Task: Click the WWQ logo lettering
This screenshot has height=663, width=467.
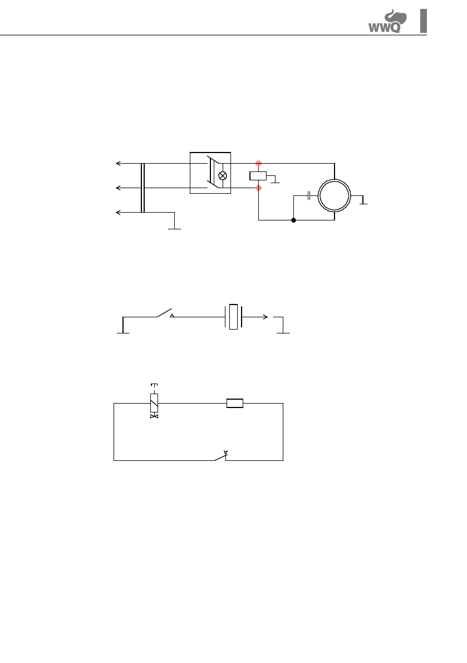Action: coord(384,28)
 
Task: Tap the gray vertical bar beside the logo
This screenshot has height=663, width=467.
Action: coord(424,21)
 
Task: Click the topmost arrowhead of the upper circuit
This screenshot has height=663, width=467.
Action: coord(118,163)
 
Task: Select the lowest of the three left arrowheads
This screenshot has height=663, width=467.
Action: coord(118,212)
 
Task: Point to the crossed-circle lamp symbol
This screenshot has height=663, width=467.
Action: coord(223,176)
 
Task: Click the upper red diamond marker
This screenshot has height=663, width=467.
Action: coord(259,163)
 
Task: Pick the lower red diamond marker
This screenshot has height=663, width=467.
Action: coord(259,188)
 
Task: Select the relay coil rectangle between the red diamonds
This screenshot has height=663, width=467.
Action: coord(258,176)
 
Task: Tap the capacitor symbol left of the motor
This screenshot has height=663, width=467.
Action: coord(309,196)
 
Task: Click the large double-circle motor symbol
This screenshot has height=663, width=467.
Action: coord(335,180)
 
